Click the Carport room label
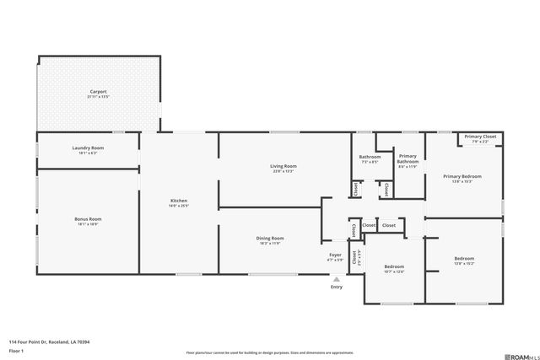(x=98, y=91)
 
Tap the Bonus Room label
(x=88, y=218)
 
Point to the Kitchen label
(x=179, y=201)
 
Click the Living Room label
(x=283, y=166)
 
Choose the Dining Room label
(x=270, y=238)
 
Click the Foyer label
(x=335, y=255)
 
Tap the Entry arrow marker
(x=337, y=279)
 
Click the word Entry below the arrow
(x=337, y=287)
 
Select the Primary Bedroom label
(x=462, y=176)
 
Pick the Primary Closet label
(x=480, y=137)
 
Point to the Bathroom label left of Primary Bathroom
(x=370, y=157)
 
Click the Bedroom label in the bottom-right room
(x=464, y=259)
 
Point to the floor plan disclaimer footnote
(x=269, y=353)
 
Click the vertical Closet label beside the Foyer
(x=354, y=256)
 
